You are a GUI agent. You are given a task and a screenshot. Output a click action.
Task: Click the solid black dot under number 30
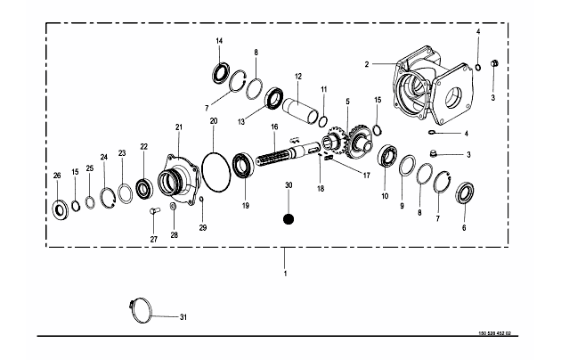tap(289, 219)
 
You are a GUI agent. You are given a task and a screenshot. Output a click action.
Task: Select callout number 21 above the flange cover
tap(179, 127)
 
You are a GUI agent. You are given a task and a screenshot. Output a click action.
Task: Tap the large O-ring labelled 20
tap(215, 172)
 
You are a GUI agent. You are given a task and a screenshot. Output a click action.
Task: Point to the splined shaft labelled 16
tap(289, 155)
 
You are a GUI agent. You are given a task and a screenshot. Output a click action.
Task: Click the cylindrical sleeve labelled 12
tap(301, 111)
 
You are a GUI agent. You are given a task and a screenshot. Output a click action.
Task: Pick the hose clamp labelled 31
tap(141, 310)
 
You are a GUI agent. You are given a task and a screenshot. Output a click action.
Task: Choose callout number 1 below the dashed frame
tap(285, 274)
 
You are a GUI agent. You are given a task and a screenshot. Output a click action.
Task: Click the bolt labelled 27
tap(153, 211)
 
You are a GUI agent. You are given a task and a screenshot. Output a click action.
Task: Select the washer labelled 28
tap(173, 207)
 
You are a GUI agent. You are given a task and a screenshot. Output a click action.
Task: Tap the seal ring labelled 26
tap(60, 210)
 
